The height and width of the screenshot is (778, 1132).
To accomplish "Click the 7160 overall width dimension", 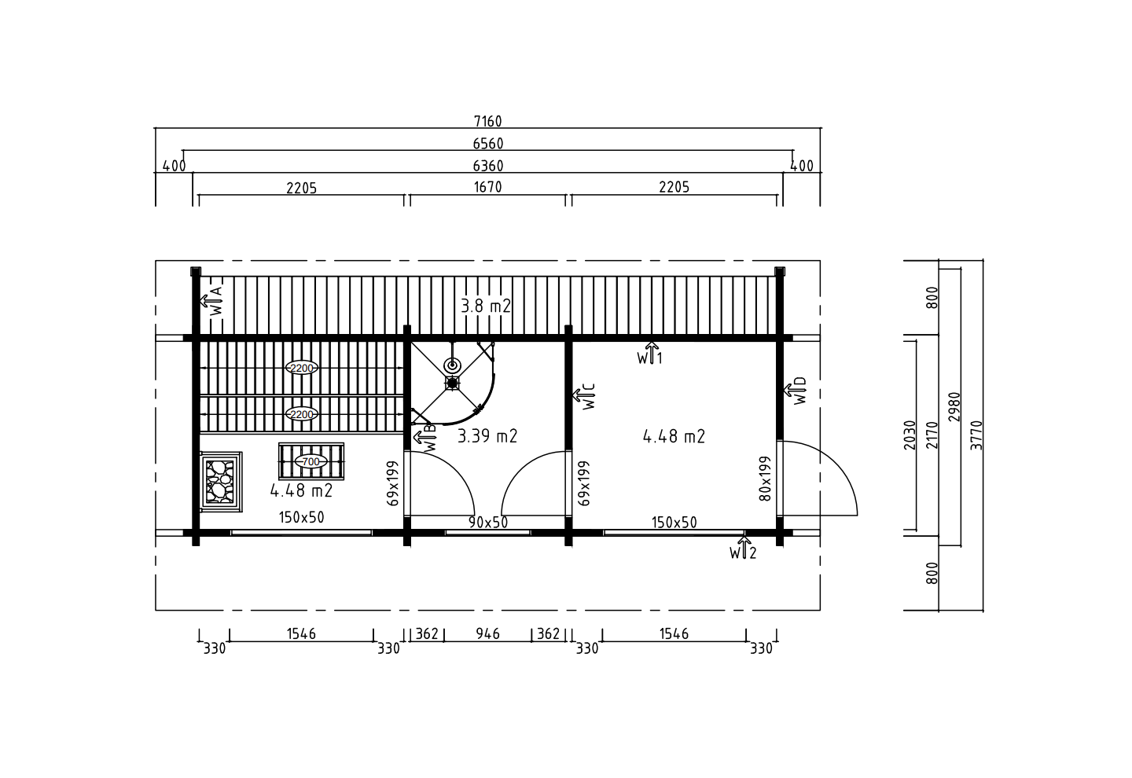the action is click(487, 121).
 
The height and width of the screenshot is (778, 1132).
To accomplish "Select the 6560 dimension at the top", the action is click(487, 144).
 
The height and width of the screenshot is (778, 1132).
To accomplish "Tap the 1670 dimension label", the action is click(487, 187).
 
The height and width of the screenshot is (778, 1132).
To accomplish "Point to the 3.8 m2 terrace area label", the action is click(486, 306).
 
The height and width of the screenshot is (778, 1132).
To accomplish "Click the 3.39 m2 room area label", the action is click(487, 436).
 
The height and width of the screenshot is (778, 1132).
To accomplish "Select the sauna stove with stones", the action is click(220, 482).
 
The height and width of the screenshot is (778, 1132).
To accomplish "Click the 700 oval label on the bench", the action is click(311, 461).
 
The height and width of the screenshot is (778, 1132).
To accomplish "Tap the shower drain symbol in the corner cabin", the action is click(452, 365).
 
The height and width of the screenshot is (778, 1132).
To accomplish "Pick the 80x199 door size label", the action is click(765, 479).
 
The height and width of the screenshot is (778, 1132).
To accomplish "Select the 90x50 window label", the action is click(487, 523).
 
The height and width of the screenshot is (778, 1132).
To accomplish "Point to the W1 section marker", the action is click(650, 354).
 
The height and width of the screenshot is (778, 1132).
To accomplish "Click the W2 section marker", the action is click(743, 549).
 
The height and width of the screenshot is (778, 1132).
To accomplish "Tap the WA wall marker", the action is click(211, 301).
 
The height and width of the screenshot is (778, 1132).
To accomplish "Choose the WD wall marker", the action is click(796, 391).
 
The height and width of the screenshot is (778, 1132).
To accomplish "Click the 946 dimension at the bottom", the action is click(487, 633).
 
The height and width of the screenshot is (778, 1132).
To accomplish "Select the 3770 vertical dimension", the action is click(976, 435).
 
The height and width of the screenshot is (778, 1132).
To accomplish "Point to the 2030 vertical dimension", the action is click(909, 435).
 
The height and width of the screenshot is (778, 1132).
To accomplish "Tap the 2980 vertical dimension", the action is click(954, 407).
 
